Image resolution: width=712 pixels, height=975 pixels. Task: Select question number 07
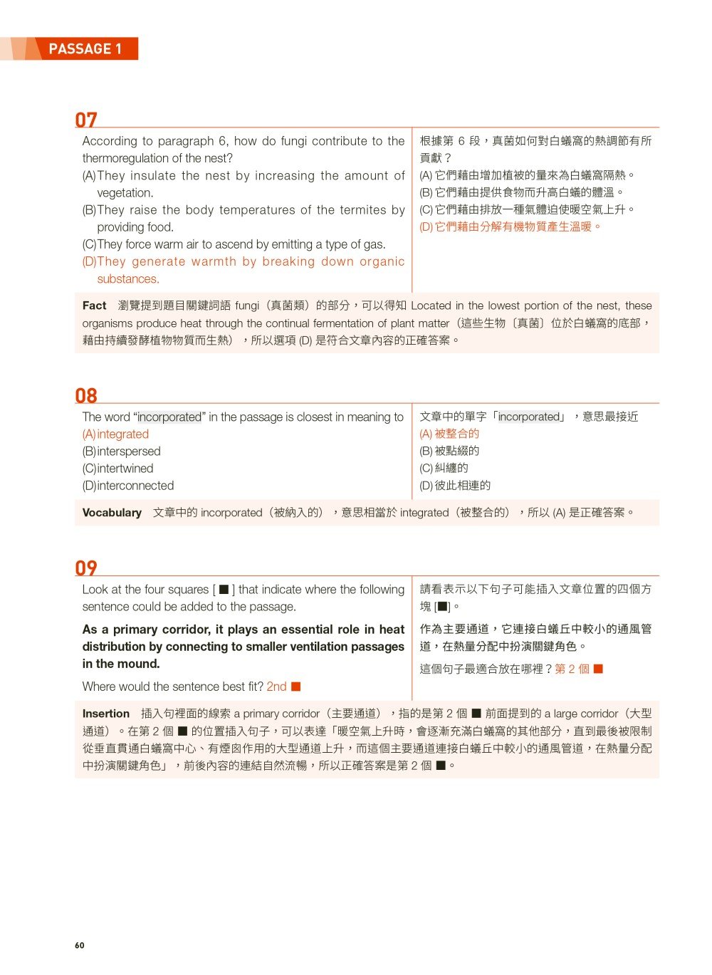(x=86, y=119)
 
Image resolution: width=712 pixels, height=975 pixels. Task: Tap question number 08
(x=86, y=395)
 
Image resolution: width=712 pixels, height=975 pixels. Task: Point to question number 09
(x=86, y=568)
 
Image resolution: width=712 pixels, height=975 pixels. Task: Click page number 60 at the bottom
(x=79, y=945)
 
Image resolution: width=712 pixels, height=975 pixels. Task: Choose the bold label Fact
(x=94, y=306)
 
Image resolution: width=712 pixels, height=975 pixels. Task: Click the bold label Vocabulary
(x=112, y=513)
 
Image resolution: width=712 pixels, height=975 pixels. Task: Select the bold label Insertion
(x=106, y=714)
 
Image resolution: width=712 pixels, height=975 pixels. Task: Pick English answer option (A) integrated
(x=116, y=434)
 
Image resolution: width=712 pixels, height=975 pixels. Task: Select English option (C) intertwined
(x=118, y=469)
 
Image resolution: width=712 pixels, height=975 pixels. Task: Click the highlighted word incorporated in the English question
(x=169, y=417)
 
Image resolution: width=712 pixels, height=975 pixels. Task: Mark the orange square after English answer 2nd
(x=296, y=687)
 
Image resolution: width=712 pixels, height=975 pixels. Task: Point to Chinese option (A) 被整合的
(x=449, y=434)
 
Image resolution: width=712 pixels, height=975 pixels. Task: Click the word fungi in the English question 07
(x=293, y=141)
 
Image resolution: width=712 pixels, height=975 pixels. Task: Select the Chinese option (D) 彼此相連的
(x=455, y=486)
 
